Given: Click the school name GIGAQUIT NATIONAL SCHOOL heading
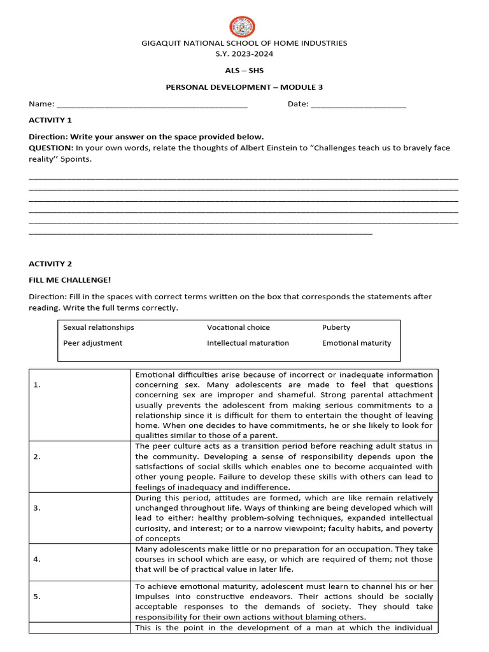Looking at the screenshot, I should (x=244, y=43).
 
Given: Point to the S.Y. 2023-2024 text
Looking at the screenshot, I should (x=244, y=54).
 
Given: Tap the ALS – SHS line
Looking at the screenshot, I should (x=244, y=71).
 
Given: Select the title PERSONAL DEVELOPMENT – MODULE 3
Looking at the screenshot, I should (x=244, y=87).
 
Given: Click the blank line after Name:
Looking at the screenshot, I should (x=152, y=104).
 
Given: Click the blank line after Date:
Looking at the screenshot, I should (x=358, y=104).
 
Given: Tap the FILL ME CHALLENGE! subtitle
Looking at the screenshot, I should (x=70, y=280).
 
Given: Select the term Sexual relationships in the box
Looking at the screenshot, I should (x=99, y=327).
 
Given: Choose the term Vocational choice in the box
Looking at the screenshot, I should (x=238, y=327).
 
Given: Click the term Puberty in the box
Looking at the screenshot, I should (x=336, y=327).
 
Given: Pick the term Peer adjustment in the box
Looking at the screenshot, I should (x=93, y=343).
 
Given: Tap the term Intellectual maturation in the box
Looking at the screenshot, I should (x=248, y=343).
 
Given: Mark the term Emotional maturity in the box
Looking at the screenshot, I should (x=357, y=343).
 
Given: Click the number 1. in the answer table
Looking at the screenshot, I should (x=36, y=385).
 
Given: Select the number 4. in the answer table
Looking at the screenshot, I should (x=37, y=559).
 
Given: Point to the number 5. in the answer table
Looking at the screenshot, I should (x=37, y=597).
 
